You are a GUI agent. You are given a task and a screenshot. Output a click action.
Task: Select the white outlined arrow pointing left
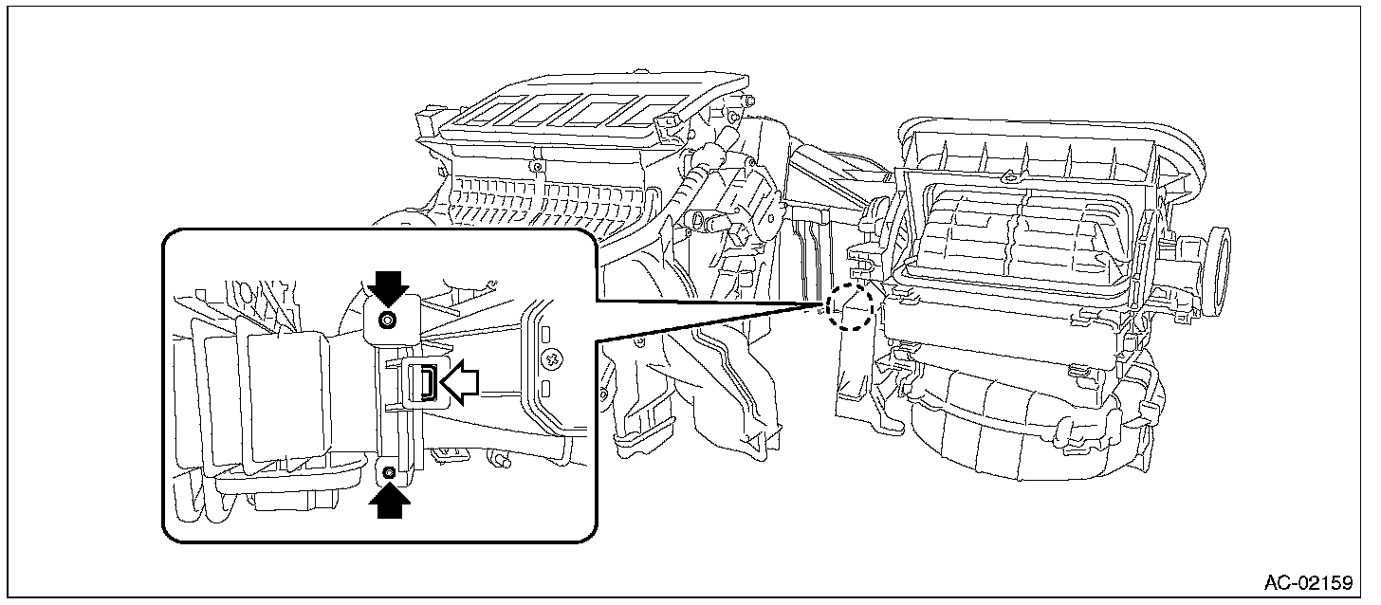[x=462, y=383]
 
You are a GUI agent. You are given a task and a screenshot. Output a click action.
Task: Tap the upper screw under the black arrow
[x=387, y=321]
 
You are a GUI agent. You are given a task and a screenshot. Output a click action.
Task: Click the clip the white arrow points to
[x=425, y=383]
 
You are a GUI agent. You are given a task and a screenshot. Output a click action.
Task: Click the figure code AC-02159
[x=1307, y=582]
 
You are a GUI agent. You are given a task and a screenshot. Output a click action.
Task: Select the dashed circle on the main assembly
[x=848, y=305]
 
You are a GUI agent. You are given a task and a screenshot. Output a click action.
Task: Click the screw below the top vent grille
[x=538, y=169]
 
